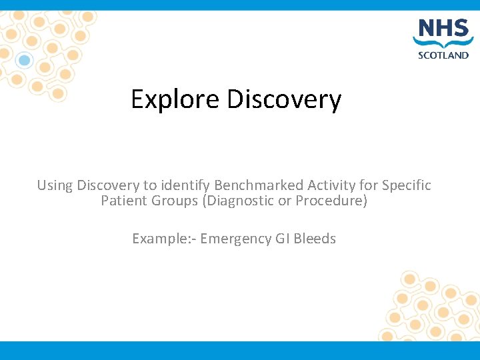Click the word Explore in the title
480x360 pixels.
[175, 100]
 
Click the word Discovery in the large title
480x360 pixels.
[284, 100]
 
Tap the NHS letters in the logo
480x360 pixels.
[443, 29]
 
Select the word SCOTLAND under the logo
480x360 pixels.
[443, 55]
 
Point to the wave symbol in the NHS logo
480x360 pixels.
[443, 43]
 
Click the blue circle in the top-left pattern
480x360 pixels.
[25, 61]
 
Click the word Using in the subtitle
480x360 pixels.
[55, 185]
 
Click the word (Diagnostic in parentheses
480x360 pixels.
[235, 201]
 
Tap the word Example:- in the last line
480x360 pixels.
[163, 239]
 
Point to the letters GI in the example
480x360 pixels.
[282, 239]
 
